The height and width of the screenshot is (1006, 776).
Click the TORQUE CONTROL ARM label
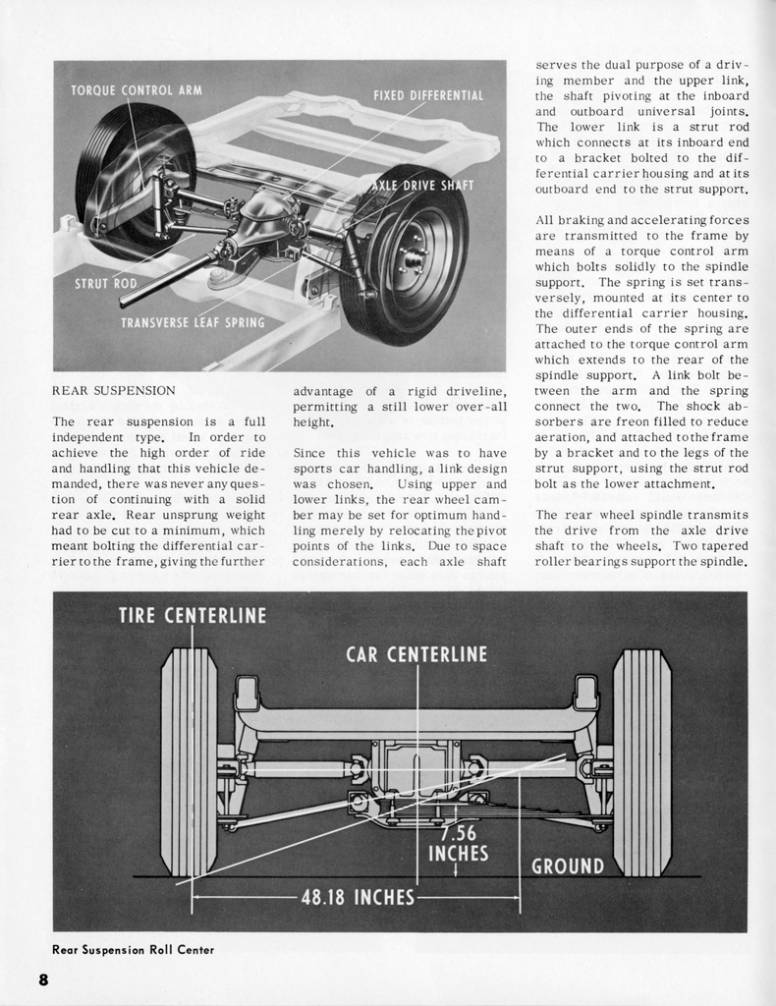coord(137,90)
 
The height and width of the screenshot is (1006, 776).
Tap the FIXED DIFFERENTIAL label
coord(428,95)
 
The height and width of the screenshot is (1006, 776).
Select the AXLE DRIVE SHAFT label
coord(422,186)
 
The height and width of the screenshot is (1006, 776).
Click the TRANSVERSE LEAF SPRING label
coord(193,322)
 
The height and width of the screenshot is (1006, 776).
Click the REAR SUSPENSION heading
coord(114,391)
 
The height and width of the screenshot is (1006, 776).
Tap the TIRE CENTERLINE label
coord(193,616)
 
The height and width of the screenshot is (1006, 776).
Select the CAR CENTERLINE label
coord(416,654)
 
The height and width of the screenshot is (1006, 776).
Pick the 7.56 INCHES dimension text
coord(458,844)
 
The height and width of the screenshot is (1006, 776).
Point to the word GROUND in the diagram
coord(568,866)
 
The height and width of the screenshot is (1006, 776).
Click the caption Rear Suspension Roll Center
coord(133,950)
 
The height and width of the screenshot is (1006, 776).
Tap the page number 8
coord(44,979)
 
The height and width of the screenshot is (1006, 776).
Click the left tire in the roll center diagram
coord(190,761)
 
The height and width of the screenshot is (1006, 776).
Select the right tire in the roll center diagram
coord(641,761)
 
